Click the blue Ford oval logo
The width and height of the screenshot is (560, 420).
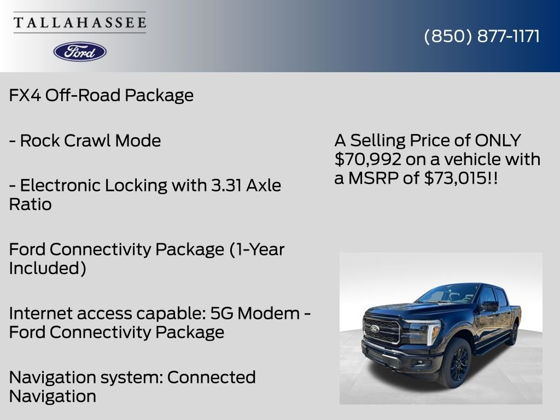pos(80,51)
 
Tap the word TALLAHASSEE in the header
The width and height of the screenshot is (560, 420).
pos(80,23)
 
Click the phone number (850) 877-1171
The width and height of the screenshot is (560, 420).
pos(482,36)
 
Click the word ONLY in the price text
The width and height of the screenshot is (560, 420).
pos(497,141)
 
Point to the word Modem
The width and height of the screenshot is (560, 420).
pos(267,313)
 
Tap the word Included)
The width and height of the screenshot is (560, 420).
pos(47,269)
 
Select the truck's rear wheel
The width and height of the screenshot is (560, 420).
pos(513,333)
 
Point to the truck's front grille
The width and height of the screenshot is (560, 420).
pos(382,330)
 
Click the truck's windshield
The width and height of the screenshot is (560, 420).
pos(447,294)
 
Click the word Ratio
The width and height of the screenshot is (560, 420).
pos(30,205)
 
